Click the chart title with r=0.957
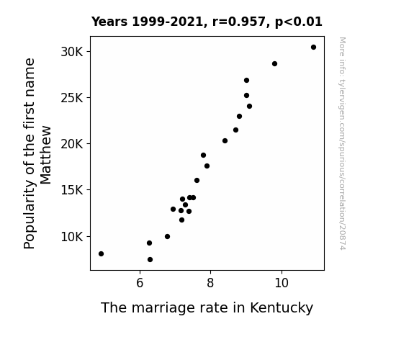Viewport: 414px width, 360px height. click(207, 22)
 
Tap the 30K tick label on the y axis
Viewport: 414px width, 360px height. click(72, 52)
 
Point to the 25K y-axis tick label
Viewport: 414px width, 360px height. click(72, 98)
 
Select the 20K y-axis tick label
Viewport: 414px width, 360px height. click(72, 144)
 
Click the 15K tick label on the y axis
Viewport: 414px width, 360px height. click(72, 190)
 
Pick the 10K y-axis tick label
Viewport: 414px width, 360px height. click(72, 237)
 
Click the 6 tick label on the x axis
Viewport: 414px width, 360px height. click(140, 283)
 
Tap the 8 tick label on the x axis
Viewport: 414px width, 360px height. click(210, 283)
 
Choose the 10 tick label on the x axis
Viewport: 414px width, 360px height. click(282, 283)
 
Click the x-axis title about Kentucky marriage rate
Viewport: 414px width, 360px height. click(207, 308)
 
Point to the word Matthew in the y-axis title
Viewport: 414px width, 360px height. click(45, 155)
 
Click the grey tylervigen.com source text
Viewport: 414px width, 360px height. click(342, 143)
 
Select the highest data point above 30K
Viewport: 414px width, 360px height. click(313, 48)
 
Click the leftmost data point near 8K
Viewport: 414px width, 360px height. click(101, 254)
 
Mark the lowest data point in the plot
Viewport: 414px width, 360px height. click(150, 260)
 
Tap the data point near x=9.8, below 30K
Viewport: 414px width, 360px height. click(274, 63)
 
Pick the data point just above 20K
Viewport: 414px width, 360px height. click(225, 141)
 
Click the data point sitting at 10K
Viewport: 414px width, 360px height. click(167, 237)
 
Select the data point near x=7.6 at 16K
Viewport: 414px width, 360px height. click(197, 181)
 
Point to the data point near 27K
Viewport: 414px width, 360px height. click(247, 81)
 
